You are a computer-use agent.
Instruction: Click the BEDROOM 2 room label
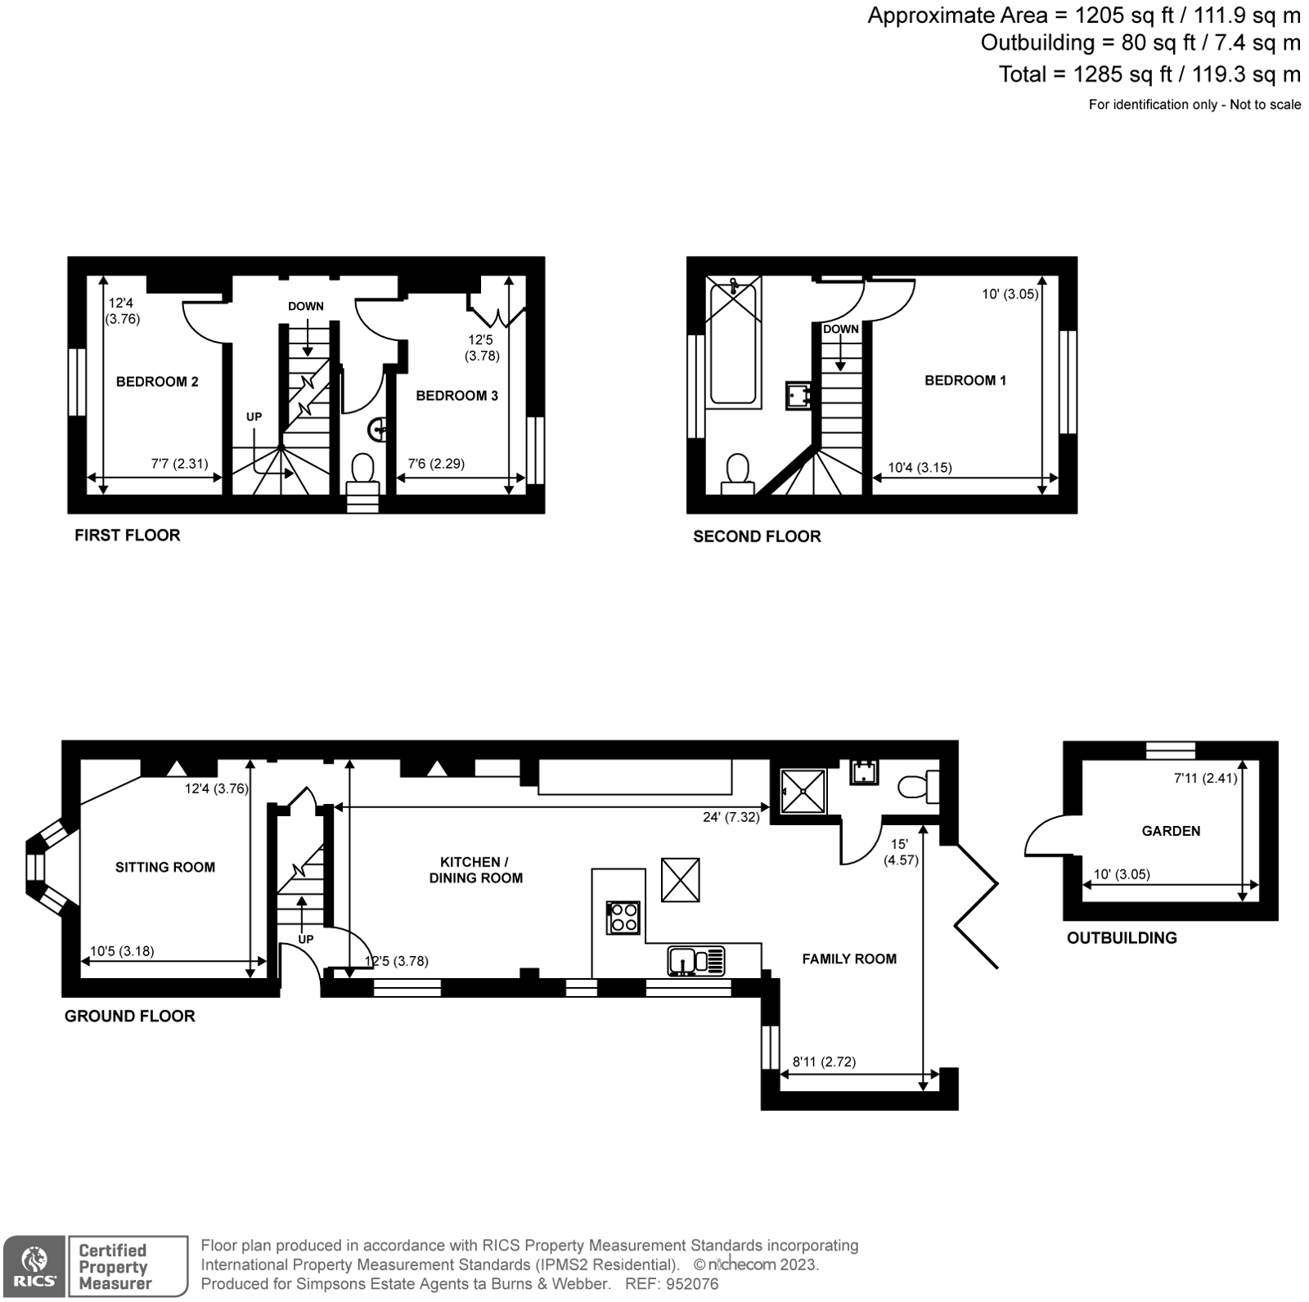[x=157, y=382]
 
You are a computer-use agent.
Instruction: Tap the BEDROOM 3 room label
[x=457, y=396]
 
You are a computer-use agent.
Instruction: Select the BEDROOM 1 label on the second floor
[x=965, y=380]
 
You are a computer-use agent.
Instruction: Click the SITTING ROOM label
[x=164, y=867]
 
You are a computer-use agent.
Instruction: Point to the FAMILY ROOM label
[x=848, y=959]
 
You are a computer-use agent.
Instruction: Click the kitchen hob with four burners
[x=623, y=917]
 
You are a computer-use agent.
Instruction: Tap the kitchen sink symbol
[x=695, y=960]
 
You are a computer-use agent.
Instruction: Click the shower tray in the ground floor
[x=803, y=791]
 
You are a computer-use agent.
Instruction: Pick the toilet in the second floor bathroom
[x=737, y=474]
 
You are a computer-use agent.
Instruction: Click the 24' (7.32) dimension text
[x=730, y=817]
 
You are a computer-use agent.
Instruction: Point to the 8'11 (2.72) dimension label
[x=824, y=1062]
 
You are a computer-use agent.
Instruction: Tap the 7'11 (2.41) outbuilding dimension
[x=1205, y=779]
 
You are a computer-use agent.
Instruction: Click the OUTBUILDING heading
[x=1122, y=938]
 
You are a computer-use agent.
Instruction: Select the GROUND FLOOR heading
[x=129, y=1016]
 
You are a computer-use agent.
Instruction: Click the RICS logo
[x=34, y=1267]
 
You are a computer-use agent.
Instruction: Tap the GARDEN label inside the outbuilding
[x=1171, y=831]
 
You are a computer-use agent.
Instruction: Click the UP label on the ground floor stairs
[x=305, y=939]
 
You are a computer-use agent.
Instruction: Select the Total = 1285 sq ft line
[x=1149, y=74]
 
